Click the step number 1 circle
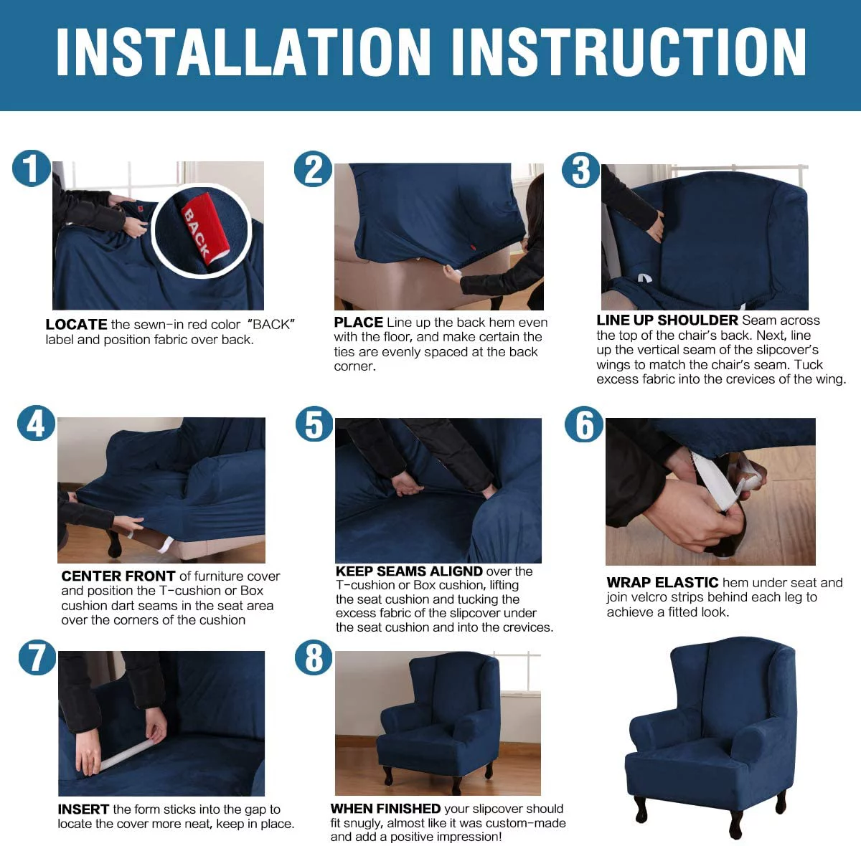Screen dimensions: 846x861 click(31, 168)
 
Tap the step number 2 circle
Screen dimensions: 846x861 click(313, 169)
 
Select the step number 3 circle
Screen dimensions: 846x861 click(580, 170)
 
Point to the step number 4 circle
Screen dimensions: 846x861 click(36, 423)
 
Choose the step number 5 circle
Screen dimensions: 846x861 click(314, 423)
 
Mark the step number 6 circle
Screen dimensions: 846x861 click(584, 424)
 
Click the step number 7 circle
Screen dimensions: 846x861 click(37, 657)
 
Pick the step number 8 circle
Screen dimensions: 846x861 click(314, 657)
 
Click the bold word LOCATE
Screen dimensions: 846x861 click(76, 324)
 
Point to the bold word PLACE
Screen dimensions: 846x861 click(358, 322)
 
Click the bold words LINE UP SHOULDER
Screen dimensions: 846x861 click(667, 320)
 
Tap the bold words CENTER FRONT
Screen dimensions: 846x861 click(118, 576)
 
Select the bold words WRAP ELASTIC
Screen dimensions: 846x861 click(662, 582)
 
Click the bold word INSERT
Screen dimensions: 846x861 click(83, 809)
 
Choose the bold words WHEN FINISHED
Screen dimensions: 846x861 click(385, 808)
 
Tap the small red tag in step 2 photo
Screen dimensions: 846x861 click(473, 248)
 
